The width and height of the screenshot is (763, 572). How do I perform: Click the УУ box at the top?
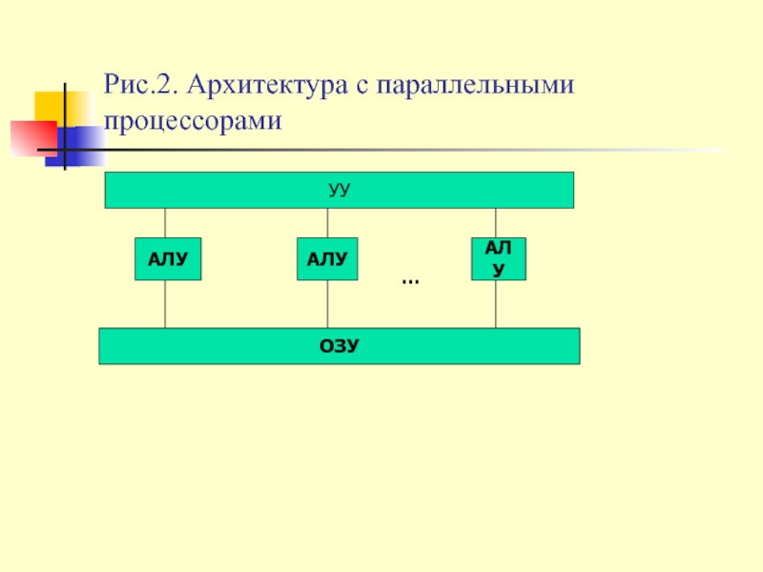[238, 190]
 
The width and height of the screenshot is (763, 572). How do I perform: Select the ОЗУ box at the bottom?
[339, 346]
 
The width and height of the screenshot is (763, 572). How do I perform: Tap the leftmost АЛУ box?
[168, 258]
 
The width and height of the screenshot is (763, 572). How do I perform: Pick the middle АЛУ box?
[327, 258]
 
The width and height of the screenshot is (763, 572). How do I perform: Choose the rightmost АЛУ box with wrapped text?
[498, 259]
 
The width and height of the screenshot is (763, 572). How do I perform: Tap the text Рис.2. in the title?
[142, 86]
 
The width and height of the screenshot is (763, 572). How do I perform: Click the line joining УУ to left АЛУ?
[166, 222]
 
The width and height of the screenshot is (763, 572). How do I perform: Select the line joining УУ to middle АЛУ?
[328, 222]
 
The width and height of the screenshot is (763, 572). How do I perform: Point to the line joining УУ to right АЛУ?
[495, 222]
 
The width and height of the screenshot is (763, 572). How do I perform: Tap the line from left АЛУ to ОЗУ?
[166, 303]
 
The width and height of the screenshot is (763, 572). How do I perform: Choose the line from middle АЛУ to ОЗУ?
[328, 303]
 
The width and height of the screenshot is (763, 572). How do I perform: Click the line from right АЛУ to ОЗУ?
[495, 303]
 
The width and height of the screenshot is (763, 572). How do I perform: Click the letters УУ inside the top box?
[339, 190]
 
